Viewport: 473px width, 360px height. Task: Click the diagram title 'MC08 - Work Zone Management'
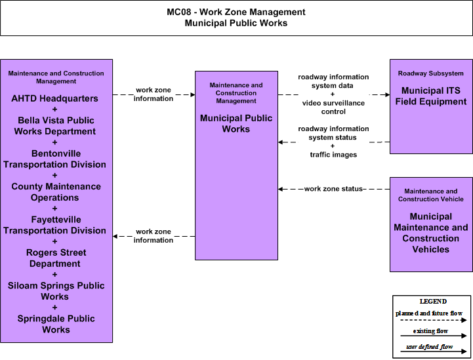coord(236,12)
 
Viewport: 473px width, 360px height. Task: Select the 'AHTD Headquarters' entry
coord(54,98)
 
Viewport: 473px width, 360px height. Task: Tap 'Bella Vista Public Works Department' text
coord(55,126)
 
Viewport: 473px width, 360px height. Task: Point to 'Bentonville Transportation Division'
coord(54,159)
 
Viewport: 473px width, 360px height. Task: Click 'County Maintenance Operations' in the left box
coord(56,191)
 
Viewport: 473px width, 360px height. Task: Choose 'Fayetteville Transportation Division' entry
coord(54,225)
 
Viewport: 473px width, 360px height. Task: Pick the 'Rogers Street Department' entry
coord(56,258)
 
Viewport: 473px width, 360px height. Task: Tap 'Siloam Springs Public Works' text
coord(56,291)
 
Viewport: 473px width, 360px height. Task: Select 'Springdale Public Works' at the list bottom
coord(56,324)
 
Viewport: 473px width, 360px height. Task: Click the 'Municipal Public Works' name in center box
coord(236,123)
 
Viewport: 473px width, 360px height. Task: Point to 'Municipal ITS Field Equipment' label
coord(431,96)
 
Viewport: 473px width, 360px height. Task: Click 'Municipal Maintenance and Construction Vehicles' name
coord(431,233)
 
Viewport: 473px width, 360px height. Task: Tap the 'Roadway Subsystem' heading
coord(431,73)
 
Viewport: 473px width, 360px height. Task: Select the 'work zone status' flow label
coord(333,189)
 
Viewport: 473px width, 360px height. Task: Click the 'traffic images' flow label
coord(333,155)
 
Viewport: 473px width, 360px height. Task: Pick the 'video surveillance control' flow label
coord(333,108)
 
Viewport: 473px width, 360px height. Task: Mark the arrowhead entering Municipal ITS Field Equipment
coord(387,94)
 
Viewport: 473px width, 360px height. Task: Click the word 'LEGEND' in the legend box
coord(433,301)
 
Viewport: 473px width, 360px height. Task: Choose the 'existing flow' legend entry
coord(430,330)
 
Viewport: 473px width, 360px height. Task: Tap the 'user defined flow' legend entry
coord(429,347)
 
